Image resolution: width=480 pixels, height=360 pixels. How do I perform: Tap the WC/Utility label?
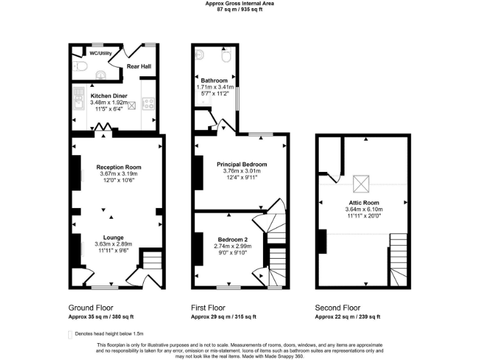101,54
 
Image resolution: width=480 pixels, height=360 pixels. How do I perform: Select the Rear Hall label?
139,66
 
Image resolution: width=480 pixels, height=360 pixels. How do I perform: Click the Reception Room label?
119,167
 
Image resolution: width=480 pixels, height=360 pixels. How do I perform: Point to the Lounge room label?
113,237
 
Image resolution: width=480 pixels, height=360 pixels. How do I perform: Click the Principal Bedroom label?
241,164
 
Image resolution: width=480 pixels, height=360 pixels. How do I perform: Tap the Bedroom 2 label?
232,240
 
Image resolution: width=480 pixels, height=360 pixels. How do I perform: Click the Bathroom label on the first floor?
214,81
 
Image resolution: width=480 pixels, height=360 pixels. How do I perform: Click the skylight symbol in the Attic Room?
361,184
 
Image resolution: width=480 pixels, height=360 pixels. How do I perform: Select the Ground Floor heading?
90,307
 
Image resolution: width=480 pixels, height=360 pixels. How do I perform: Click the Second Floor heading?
338,307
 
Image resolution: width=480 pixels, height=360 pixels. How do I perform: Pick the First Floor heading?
208,307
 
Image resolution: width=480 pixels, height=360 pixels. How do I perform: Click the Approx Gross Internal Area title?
240,3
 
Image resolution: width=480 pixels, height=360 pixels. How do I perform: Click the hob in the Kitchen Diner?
148,103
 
